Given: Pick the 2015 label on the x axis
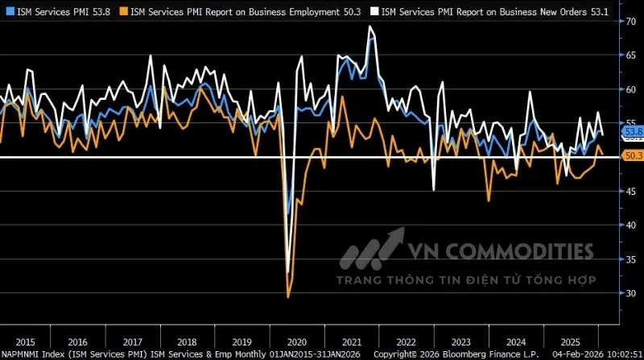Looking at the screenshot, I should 25,341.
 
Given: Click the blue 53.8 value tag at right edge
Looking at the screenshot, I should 633,130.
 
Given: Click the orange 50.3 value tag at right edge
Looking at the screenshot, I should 633,155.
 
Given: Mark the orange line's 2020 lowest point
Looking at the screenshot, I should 288,297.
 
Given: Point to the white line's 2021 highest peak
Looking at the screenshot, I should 370,27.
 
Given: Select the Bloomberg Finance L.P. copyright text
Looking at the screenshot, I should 484,354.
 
